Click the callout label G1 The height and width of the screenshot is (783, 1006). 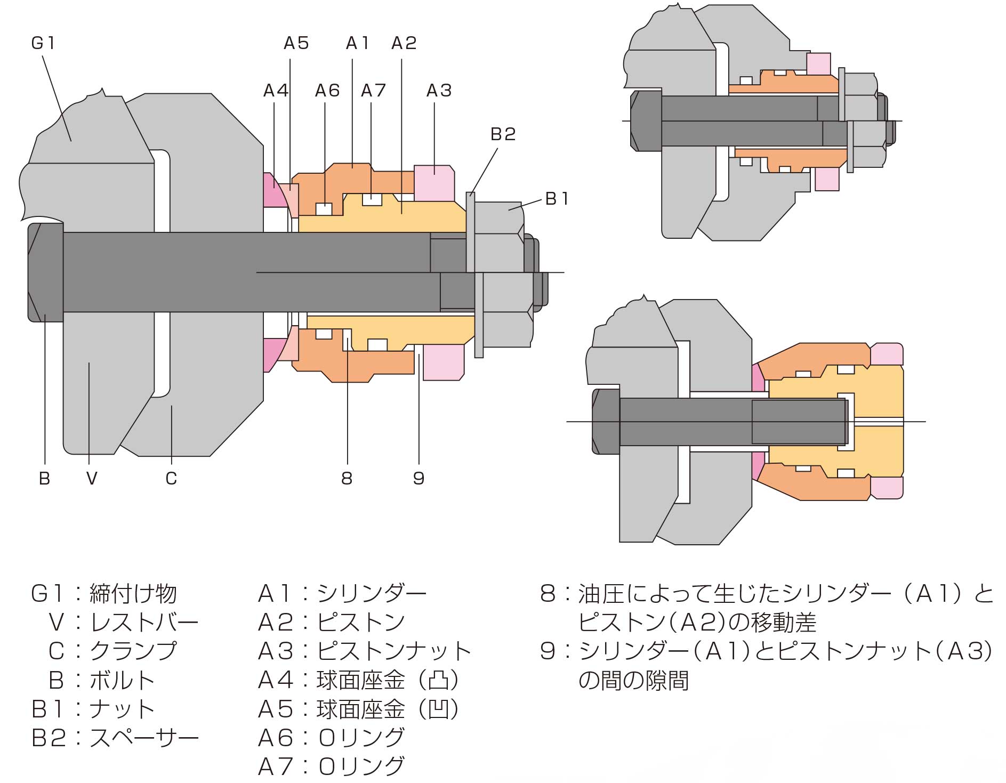pos(43,43)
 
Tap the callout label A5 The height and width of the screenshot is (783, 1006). pos(296,43)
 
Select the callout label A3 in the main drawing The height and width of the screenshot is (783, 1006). pos(439,91)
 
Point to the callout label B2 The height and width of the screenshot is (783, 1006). pos(503,134)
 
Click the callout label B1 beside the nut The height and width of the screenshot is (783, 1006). pos(557,199)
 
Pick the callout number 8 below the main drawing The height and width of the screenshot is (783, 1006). pos(347,479)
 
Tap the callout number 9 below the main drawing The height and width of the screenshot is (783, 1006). pos(419,479)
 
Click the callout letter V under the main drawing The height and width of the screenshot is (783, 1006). pos(92,479)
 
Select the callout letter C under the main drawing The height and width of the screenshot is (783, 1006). pos(171,479)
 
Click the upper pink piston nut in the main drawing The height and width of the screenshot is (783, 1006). pos(434,183)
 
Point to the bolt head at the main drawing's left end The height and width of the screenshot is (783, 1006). pos(45,272)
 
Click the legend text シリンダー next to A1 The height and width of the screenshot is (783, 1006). pos(372,593)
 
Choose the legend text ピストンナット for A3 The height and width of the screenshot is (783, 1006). pos(394,651)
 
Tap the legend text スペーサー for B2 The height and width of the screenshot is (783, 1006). pos(144,738)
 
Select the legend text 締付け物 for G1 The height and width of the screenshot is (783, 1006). pos(133,593)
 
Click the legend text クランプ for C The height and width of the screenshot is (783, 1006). pos(133,651)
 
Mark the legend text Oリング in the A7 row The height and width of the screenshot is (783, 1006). pos(361,766)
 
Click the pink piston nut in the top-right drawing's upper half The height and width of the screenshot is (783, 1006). pos(818,64)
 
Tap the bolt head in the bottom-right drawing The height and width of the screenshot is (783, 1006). pos(606,422)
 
